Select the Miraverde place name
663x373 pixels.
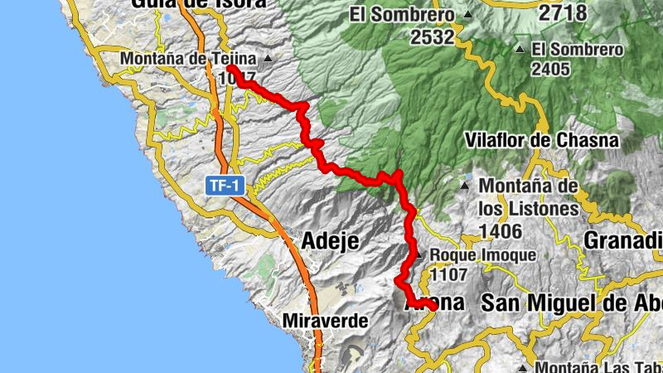coord(325,320)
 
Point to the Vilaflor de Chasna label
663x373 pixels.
coord(542,140)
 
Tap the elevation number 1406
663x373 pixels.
coord(500,230)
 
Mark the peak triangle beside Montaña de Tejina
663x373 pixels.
coord(268,60)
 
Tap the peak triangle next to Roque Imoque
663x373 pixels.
coord(420,255)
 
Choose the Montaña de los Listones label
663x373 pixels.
coord(529,196)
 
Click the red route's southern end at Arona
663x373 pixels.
coord(433,307)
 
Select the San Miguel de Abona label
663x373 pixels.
coord(572,303)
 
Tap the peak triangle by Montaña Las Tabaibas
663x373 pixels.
coord(523,367)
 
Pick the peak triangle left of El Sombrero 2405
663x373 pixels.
coord(520,49)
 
